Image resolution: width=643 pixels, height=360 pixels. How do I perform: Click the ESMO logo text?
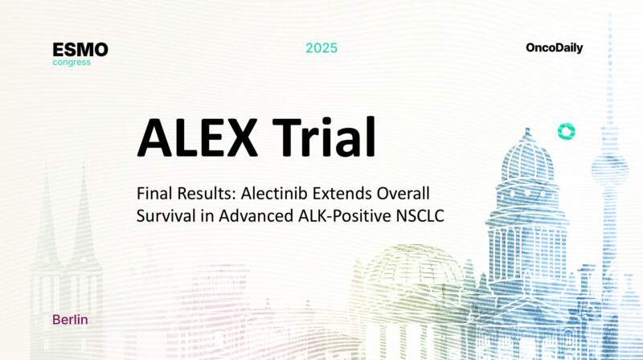click(80, 50)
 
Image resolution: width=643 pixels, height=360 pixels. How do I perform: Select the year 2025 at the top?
click(321, 48)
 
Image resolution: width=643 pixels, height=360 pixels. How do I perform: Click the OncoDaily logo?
click(554, 48)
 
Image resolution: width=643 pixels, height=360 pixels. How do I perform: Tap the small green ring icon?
click(566, 132)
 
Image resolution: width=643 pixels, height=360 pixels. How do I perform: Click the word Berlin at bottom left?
click(70, 319)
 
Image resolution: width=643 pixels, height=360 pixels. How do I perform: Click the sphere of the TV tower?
click(608, 165)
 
